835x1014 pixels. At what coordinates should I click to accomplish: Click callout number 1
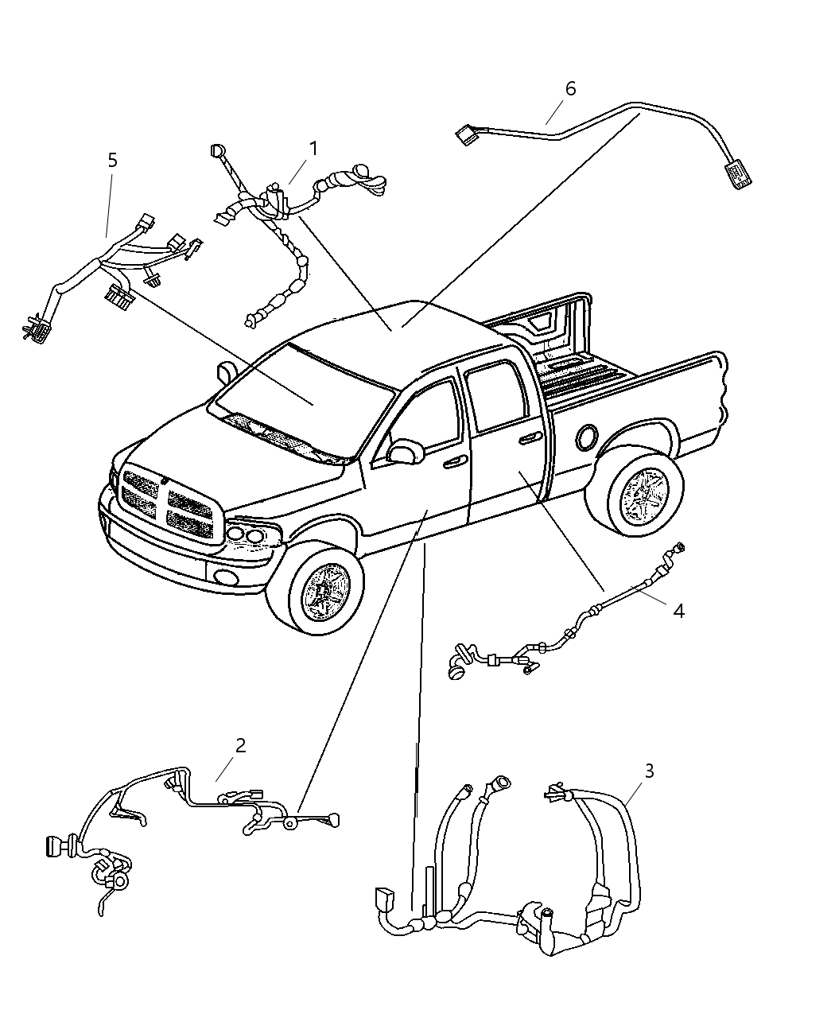(x=313, y=149)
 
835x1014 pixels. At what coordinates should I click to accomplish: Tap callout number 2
(x=239, y=745)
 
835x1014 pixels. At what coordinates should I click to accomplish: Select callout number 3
(x=649, y=770)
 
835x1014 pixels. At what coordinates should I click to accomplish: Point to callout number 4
(x=678, y=610)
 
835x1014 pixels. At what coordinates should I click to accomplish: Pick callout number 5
(x=112, y=160)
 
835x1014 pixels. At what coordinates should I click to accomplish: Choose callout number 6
(x=570, y=88)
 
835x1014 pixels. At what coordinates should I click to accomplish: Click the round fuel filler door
(x=588, y=437)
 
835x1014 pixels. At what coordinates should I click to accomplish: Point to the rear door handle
(x=529, y=437)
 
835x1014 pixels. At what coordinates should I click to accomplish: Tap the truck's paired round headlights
(x=246, y=536)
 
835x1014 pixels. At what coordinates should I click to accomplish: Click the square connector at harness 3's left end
(x=385, y=901)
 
